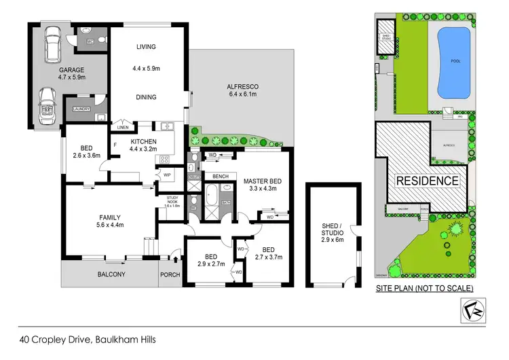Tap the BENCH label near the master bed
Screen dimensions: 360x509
(220, 176)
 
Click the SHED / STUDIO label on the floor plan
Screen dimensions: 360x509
(333, 232)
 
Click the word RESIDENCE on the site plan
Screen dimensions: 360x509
(427, 181)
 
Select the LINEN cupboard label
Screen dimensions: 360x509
(123, 127)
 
